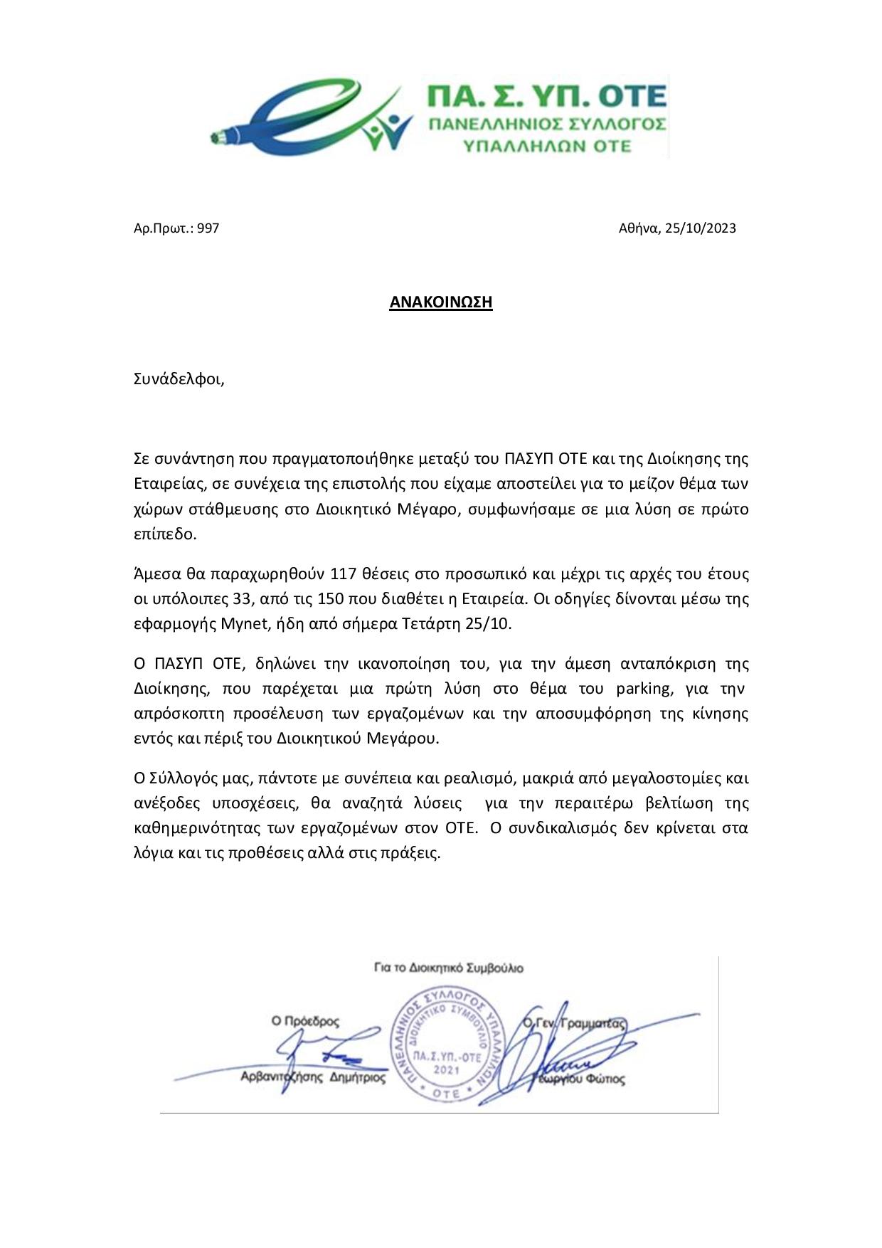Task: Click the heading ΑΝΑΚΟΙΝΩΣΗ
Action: coord(440,302)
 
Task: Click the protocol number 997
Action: coord(208,228)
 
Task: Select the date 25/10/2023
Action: coord(701,228)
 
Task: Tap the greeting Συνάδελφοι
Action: coord(179,379)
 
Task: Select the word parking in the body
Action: coord(643,688)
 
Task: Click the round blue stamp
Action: coord(447,1045)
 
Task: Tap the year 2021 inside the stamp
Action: coord(447,1069)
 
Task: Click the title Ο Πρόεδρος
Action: coord(305,1021)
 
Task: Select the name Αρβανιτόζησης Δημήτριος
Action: coord(313,1077)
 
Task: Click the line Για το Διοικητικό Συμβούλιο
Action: coord(448,968)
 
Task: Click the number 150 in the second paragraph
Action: coord(331,598)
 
